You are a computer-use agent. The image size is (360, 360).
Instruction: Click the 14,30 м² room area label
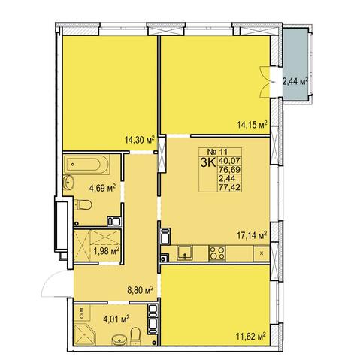point(139,140)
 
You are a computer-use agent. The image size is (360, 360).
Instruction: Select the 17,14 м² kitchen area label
point(252,235)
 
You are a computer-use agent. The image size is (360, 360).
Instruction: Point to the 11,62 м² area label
point(250,336)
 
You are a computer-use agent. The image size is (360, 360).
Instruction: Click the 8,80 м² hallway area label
point(141,291)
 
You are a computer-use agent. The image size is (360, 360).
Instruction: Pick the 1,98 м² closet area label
point(106,251)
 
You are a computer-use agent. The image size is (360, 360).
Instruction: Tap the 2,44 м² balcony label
point(295,81)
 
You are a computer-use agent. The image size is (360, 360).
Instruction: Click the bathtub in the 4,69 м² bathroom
point(86,165)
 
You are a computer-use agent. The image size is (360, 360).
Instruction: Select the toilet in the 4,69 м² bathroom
point(83,204)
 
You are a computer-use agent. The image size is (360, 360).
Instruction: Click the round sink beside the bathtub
point(68,183)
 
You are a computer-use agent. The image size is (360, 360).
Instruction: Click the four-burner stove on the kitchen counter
point(217,253)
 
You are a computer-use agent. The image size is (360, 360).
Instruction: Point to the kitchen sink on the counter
point(185,253)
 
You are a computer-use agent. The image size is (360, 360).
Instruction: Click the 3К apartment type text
point(208,163)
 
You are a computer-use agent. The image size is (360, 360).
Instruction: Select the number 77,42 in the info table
point(229,187)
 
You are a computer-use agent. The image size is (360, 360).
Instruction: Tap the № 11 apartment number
point(217,152)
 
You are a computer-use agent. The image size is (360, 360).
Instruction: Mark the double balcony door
point(265,82)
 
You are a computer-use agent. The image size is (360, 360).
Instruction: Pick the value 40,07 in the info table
point(229,160)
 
